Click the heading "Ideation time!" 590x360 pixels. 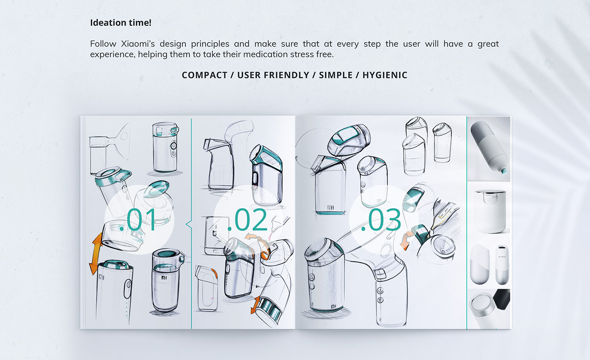pyautogui.click(x=121, y=23)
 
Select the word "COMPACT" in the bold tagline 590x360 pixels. pyautogui.click(x=204, y=75)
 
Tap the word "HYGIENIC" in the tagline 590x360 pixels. pyautogui.click(x=385, y=75)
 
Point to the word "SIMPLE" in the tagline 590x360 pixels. pyautogui.click(x=336, y=75)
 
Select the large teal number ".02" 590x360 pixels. pyautogui.click(x=247, y=220)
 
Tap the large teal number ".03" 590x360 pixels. pyautogui.click(x=381, y=220)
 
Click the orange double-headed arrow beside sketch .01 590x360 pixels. pyautogui.click(x=97, y=254)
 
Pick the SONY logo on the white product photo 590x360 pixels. pyautogui.click(x=502, y=256)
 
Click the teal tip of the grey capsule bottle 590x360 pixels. pyautogui.click(x=504, y=171)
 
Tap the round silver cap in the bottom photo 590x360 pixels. pyautogui.click(x=482, y=306)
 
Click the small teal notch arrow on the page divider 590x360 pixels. pyautogui.click(x=189, y=224)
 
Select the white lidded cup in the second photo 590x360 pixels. pyautogui.click(x=490, y=211)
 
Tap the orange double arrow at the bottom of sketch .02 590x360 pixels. pyautogui.click(x=255, y=305)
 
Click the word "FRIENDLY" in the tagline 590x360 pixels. pyautogui.click(x=287, y=75)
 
